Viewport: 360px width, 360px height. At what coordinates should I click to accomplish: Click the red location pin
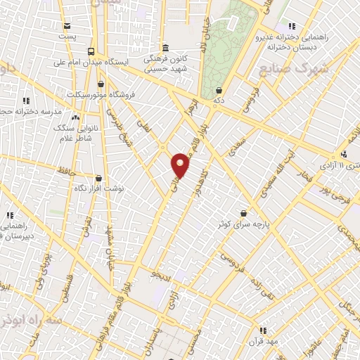181,165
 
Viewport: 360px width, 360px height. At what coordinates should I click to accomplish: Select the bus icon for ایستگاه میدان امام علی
91,51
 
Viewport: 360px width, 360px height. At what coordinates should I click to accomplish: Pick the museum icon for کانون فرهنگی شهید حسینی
165,48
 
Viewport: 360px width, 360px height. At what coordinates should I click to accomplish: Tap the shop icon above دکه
219,91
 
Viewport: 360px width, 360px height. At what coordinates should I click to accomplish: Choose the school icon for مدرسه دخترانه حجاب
27,101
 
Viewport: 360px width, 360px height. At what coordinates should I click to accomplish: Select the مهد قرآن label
264,340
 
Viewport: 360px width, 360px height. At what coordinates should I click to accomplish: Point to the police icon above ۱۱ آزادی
344,154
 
